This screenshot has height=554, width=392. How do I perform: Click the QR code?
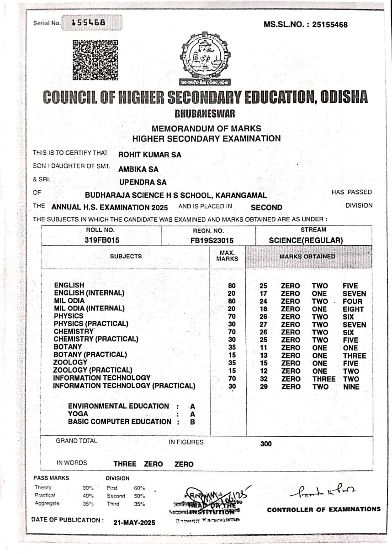[95, 60]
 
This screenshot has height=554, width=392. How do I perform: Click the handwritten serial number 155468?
[89, 22]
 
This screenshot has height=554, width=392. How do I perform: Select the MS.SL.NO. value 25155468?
[330, 24]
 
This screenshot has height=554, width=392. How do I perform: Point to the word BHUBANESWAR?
[205, 114]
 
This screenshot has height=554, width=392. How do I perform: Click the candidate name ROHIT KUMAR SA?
[149, 155]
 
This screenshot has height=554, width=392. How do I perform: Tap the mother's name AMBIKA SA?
[138, 169]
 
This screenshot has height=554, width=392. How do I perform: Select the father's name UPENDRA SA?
[143, 183]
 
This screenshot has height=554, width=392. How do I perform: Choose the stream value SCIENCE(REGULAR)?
[306, 240]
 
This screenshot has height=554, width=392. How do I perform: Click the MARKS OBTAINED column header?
[307, 256]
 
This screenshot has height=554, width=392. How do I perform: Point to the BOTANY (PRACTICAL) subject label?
[90, 355]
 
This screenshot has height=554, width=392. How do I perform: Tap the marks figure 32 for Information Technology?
[263, 379]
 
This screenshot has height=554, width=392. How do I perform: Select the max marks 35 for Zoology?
[232, 363]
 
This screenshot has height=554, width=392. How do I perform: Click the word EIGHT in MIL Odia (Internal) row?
[353, 309]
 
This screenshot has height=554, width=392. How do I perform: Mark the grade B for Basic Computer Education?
[192, 422]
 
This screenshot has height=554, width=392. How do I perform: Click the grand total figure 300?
[265, 444]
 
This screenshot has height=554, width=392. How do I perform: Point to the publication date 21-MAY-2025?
[134, 523]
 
